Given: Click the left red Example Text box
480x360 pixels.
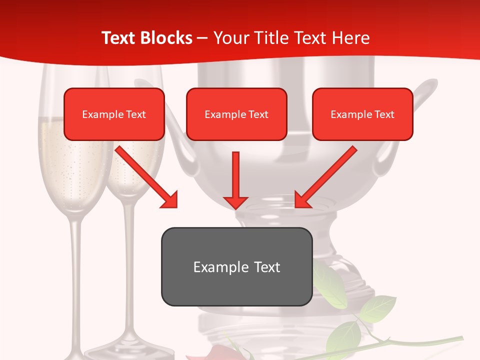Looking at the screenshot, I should [114, 114].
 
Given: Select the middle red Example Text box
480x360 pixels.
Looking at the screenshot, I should [236, 114].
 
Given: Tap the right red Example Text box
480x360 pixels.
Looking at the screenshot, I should [362, 114].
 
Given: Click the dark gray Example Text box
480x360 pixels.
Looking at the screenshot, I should [236, 266].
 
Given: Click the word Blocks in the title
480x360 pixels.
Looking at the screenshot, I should [167, 38].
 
